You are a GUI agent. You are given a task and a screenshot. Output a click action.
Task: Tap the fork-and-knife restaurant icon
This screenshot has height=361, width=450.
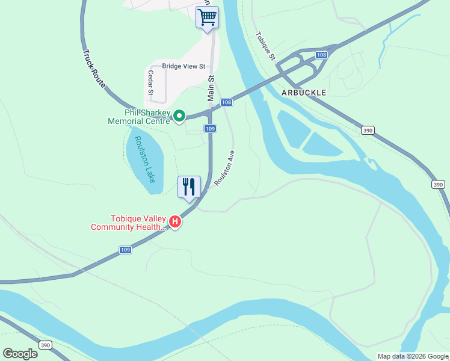point(189,187)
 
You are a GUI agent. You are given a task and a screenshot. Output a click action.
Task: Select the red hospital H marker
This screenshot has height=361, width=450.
point(174,222)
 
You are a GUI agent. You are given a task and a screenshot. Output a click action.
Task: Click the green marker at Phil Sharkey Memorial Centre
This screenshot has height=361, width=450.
point(179,116)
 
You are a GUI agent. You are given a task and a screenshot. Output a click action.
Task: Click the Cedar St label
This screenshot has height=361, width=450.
point(151,82)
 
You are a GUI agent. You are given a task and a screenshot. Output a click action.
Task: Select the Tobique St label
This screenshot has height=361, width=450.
point(265,46)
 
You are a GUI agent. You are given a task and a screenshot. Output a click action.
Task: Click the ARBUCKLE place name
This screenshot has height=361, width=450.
point(304,93)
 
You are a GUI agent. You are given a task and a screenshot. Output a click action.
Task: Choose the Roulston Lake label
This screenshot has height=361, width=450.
point(145,160)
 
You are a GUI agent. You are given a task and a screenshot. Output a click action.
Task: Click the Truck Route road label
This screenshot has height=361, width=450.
point(94,66)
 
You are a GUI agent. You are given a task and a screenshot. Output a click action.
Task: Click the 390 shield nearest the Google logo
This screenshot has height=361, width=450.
point(46,345)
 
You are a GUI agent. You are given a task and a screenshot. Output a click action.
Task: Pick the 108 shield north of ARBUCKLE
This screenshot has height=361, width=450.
point(322,55)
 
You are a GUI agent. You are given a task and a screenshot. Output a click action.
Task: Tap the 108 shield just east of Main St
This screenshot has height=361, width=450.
point(226,103)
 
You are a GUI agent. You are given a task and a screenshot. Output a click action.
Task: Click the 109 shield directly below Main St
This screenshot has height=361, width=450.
point(210,128)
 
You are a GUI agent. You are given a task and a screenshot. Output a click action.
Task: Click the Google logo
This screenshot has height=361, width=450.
point(20,354)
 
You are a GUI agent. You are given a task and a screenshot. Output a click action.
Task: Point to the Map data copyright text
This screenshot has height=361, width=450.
point(413,356)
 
